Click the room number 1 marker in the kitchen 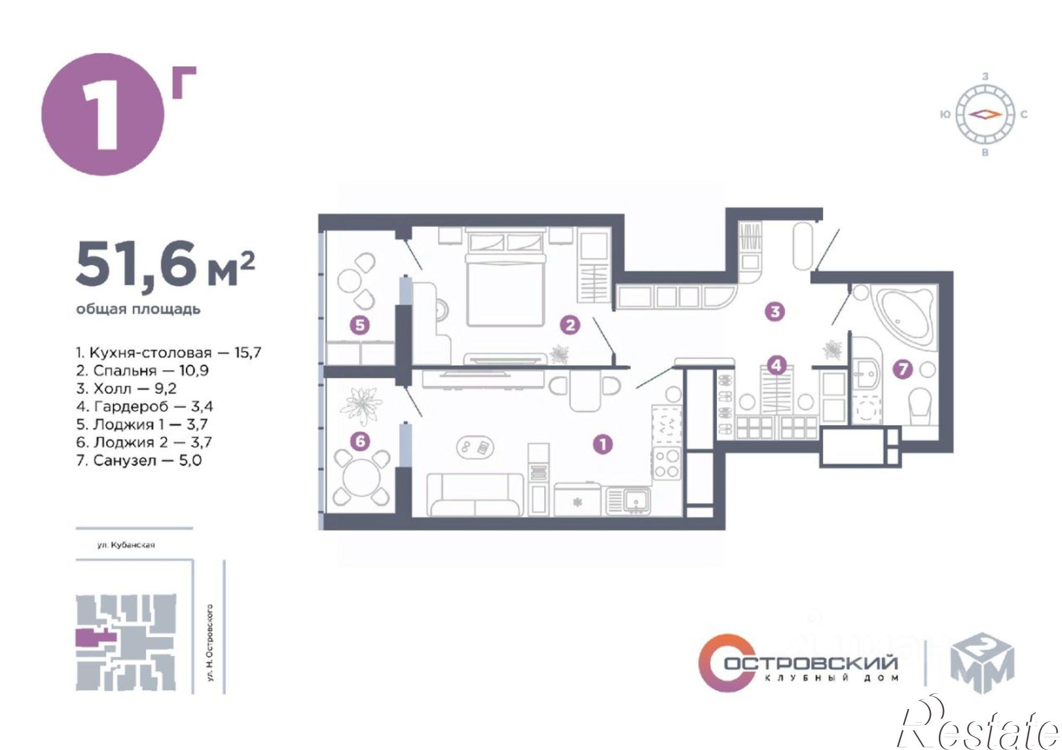coord(603,444)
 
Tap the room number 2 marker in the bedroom coord(570,325)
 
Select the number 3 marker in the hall coord(775,311)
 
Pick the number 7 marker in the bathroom coord(903,369)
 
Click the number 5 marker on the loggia coord(360,325)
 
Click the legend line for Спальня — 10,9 coord(142,370)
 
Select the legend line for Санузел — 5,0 coord(139,460)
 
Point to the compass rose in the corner coord(985,114)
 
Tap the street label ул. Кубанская coord(125,545)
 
